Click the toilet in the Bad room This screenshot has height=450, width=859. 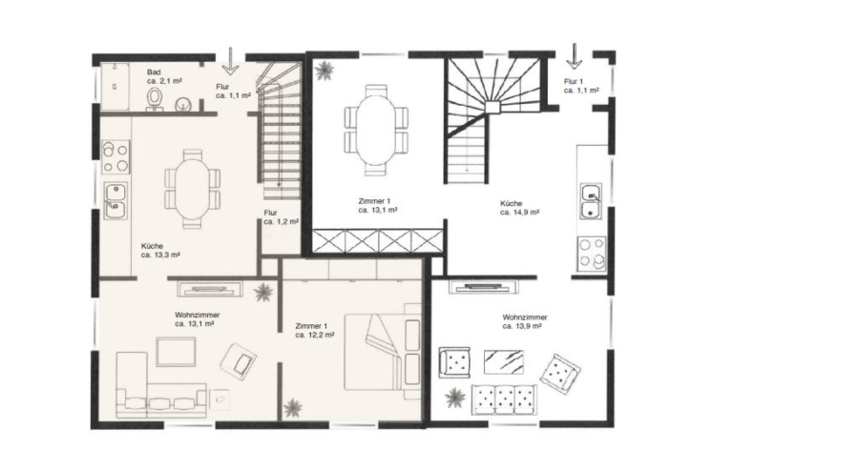click(x=155, y=99)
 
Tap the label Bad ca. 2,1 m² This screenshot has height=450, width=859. click(x=164, y=76)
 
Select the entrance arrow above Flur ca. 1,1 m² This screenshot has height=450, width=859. click(x=230, y=61)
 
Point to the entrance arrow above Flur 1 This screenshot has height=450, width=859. click(x=574, y=57)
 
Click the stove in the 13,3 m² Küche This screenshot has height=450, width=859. click(x=115, y=157)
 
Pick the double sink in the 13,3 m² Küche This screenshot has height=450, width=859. click(x=115, y=201)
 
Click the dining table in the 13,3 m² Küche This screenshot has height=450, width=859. click(x=192, y=189)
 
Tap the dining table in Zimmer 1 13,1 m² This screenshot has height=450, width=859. click(x=375, y=131)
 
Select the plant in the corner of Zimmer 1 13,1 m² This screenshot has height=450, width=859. click(x=325, y=70)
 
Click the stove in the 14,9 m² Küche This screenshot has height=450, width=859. click(x=592, y=254)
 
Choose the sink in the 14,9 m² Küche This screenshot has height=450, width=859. click(x=591, y=201)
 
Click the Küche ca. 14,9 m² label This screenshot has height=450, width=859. click(x=519, y=208)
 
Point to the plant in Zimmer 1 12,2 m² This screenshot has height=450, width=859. click(x=293, y=407)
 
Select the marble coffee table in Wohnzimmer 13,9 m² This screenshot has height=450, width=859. click(x=503, y=362)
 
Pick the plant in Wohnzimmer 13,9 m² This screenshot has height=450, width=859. click(x=454, y=398)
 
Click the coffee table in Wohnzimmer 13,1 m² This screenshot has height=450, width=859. click(x=176, y=352)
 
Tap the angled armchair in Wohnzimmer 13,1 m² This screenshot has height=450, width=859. click(x=239, y=360)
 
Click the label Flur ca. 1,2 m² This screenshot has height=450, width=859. click(x=281, y=217)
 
